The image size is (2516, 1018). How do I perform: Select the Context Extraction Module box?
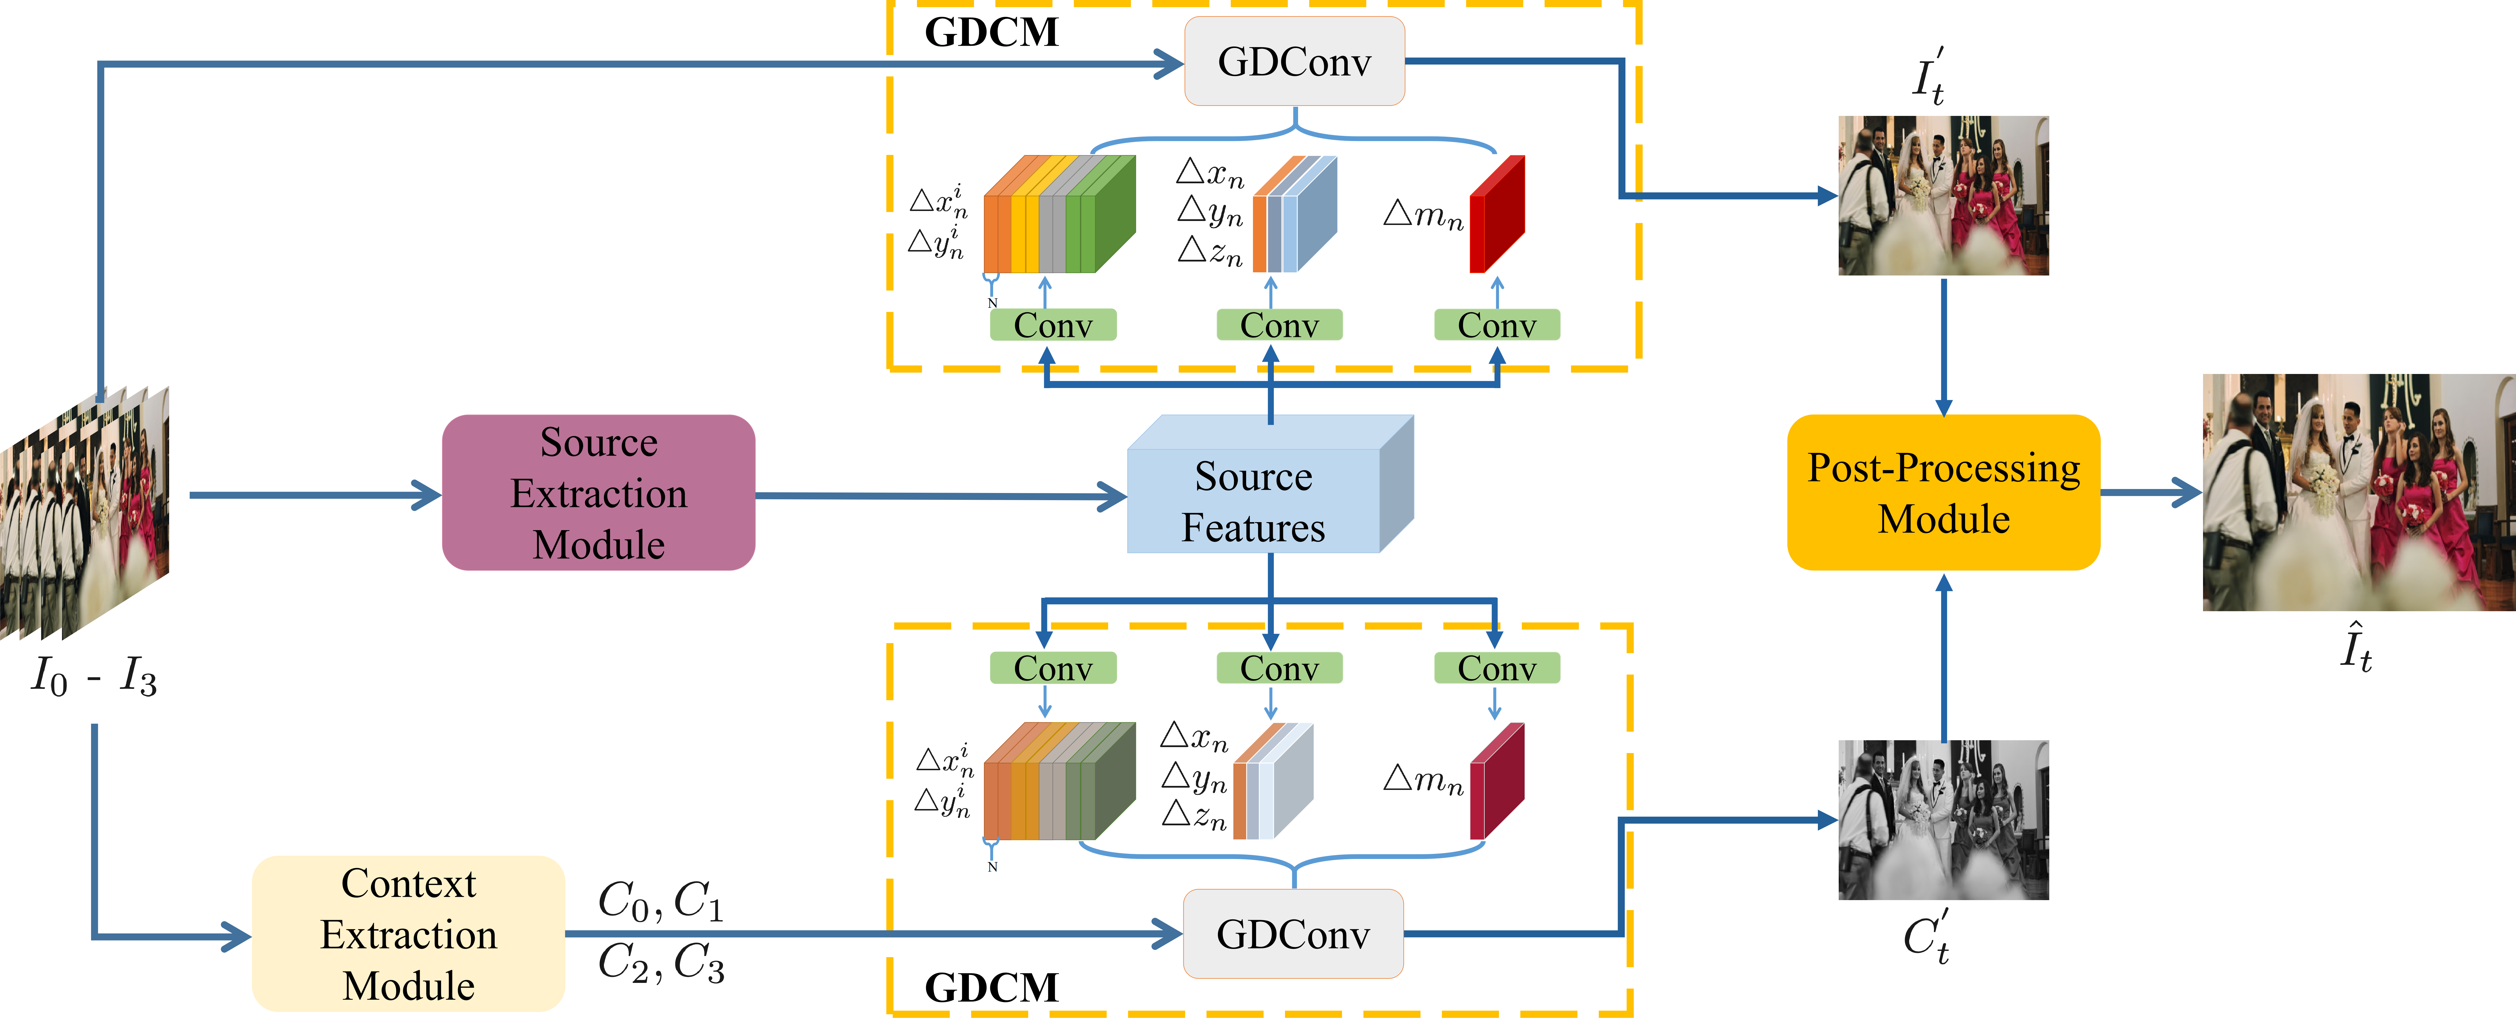[408, 934]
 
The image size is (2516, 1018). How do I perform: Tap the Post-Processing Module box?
[1943, 492]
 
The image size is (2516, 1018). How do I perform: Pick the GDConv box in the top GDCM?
[1294, 62]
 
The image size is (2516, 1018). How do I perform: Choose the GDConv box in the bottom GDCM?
[1293, 934]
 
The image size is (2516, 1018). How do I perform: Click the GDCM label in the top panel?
[991, 32]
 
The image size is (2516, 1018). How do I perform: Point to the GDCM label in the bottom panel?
[991, 988]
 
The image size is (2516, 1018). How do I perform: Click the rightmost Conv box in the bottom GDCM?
[1496, 668]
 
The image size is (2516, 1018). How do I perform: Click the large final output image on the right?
[2358, 492]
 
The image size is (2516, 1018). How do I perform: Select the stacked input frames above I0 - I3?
[86, 513]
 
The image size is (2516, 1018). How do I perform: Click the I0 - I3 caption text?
[94, 676]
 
